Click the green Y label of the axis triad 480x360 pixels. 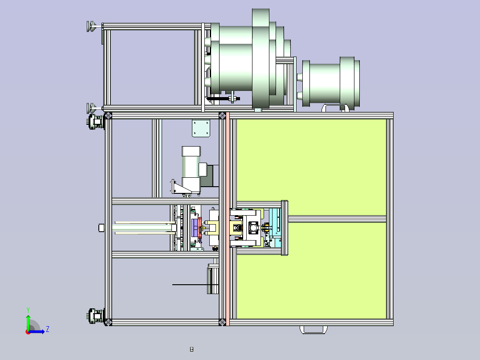(28, 310)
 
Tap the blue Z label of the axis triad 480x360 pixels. (48, 329)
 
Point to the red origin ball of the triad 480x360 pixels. (28, 332)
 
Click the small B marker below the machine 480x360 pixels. (191, 349)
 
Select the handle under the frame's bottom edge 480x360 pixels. (313, 330)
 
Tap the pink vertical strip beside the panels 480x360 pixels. (228, 219)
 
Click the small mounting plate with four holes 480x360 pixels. (201, 128)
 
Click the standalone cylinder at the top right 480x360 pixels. (330, 82)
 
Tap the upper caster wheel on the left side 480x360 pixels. (95, 122)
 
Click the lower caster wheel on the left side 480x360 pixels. (95, 316)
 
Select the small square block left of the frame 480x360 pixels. (102, 228)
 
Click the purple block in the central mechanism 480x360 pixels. (195, 228)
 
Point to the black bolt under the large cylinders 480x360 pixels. (224, 98)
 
